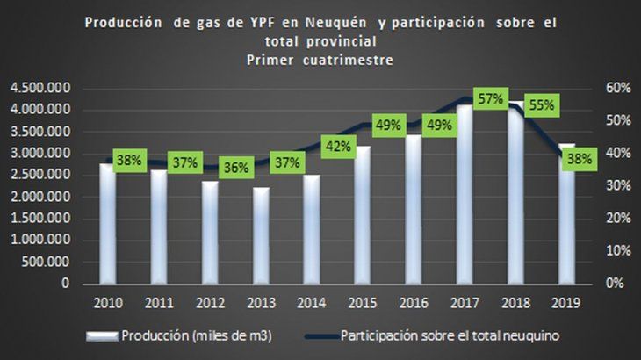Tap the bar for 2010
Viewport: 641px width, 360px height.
tap(106, 224)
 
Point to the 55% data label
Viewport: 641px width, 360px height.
tap(540, 104)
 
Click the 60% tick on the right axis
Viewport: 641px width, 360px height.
tap(618, 89)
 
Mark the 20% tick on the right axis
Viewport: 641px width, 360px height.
tap(618, 219)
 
